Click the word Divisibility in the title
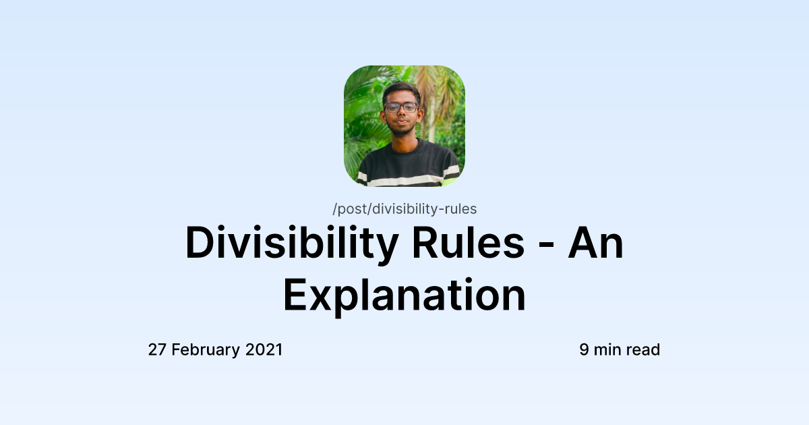point(291,244)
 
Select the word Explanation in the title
point(404,295)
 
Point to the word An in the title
point(595,244)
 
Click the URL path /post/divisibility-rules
point(404,209)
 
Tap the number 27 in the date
point(157,350)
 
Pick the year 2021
point(264,350)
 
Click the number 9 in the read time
point(585,350)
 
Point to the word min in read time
point(608,350)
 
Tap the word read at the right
point(643,350)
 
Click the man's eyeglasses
point(401,107)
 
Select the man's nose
point(402,115)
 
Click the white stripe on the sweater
point(404,180)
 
